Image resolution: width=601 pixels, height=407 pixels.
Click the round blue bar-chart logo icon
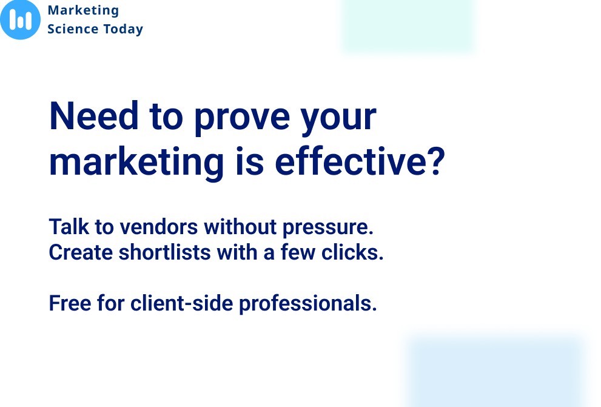[x=20, y=19]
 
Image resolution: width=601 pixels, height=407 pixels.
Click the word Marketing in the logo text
[x=83, y=11]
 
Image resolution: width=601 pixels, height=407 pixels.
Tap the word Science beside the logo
[x=73, y=29]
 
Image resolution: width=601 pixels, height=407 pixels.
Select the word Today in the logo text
[x=123, y=30]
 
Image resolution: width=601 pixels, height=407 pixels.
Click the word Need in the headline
[x=94, y=116]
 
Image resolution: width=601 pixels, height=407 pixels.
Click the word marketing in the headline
[x=136, y=163]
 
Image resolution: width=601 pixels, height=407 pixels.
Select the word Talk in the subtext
[x=69, y=226]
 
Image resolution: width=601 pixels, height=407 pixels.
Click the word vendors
[x=159, y=227]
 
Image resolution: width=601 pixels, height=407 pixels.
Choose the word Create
[x=81, y=252]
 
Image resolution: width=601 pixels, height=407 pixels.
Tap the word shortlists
[x=165, y=252]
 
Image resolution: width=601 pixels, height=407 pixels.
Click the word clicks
[x=352, y=252]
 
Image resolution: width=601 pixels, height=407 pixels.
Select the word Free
[x=70, y=303]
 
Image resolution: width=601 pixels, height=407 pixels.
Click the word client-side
[x=182, y=303]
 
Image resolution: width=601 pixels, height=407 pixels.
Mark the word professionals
[x=308, y=304]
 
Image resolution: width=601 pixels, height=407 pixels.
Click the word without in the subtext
[x=240, y=227]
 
